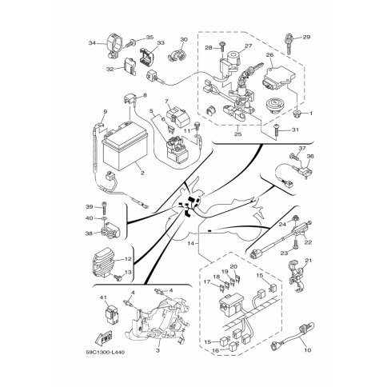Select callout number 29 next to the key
click(x=306, y=37)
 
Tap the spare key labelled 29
click(x=289, y=43)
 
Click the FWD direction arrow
click(x=104, y=337)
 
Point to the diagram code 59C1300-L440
click(x=105, y=353)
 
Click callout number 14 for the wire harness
click(x=190, y=243)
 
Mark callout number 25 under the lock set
click(x=237, y=134)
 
